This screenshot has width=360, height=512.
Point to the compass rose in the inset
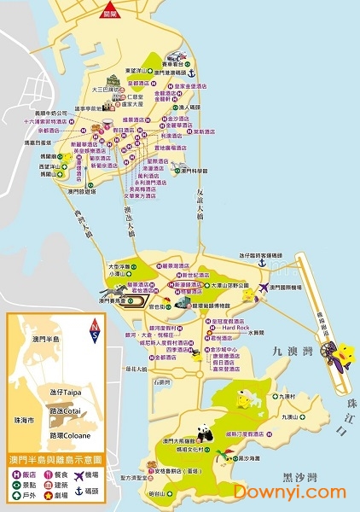[94, 330]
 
